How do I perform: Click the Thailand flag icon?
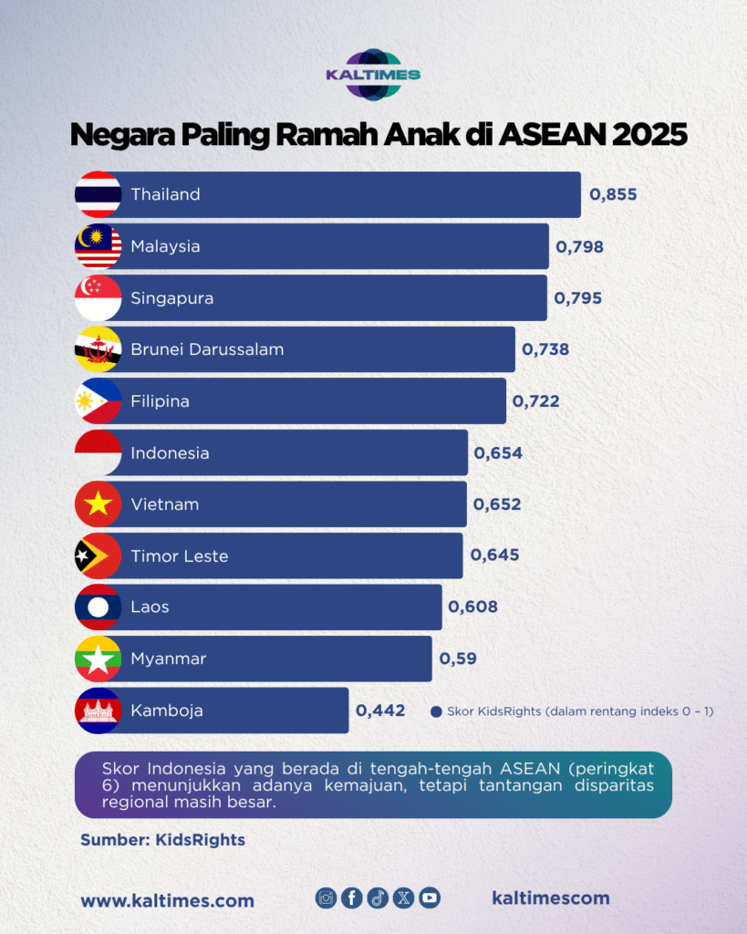(x=98, y=194)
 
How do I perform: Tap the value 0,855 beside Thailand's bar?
(x=613, y=194)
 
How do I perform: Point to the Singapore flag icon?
(x=98, y=298)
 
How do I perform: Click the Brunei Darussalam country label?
(x=207, y=349)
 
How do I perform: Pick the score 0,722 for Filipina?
(x=536, y=401)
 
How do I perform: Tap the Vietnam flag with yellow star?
(x=98, y=504)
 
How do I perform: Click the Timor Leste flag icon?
(x=98, y=556)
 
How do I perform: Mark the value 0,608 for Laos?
(x=472, y=607)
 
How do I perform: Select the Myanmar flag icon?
(x=98, y=659)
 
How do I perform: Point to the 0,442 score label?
(x=380, y=711)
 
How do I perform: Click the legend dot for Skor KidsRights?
(x=436, y=711)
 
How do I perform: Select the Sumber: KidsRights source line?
(x=162, y=840)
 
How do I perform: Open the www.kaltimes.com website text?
(x=168, y=900)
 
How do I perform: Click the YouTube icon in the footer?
(x=430, y=898)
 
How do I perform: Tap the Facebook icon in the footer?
(x=352, y=898)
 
